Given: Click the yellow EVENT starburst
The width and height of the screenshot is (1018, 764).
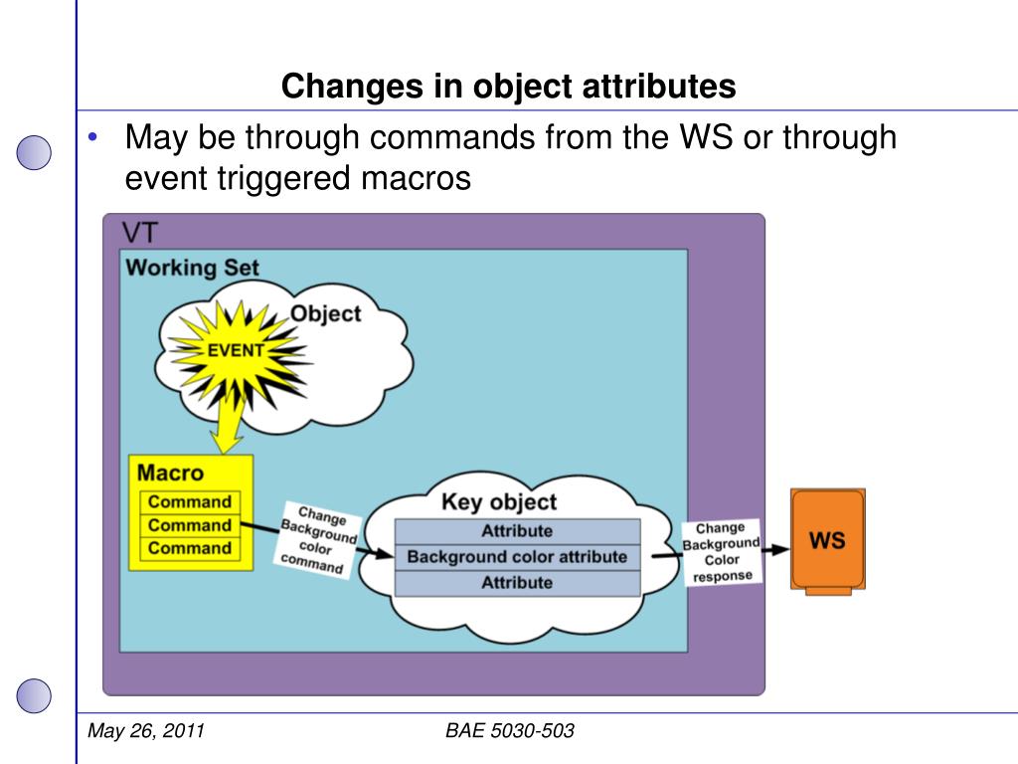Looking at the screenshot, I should coord(235,350).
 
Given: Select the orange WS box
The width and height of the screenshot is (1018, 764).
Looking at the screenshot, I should coord(827,540).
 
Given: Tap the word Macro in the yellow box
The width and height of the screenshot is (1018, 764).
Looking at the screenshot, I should coord(170,473).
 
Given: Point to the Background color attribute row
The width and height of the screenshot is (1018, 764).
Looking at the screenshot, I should coord(517,556).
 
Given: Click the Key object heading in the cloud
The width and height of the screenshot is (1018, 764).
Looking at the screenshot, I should coord(498,501).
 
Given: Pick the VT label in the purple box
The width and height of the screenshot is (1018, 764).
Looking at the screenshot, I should coord(139,233).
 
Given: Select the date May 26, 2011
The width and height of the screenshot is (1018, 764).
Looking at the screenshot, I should coord(146,732).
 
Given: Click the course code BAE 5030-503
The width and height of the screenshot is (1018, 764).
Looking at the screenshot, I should coord(510,732).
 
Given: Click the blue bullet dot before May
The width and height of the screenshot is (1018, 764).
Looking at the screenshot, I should coord(92,137).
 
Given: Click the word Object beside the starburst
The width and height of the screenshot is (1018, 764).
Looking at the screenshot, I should coord(325,313).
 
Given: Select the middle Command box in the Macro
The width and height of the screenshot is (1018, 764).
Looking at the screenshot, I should coord(189,525).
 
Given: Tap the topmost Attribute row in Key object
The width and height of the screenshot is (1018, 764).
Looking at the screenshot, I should coord(517,530).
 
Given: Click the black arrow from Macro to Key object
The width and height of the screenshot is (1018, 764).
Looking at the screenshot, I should coord(260,531).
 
